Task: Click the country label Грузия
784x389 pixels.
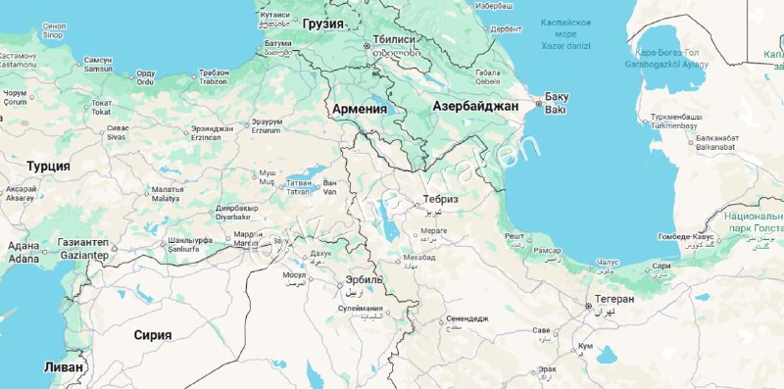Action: click(x=323, y=24)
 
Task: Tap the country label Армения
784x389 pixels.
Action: click(x=360, y=108)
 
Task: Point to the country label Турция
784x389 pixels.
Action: click(x=48, y=166)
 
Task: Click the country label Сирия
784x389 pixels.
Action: click(x=153, y=334)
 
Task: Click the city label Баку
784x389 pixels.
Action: click(x=557, y=96)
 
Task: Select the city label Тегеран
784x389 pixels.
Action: click(x=614, y=299)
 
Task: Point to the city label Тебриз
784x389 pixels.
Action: click(x=440, y=199)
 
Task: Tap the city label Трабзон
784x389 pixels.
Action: click(x=214, y=73)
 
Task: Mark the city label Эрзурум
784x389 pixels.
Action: click(x=267, y=122)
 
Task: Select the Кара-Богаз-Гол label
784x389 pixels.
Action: click(x=667, y=52)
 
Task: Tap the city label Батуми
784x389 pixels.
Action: click(x=278, y=43)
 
